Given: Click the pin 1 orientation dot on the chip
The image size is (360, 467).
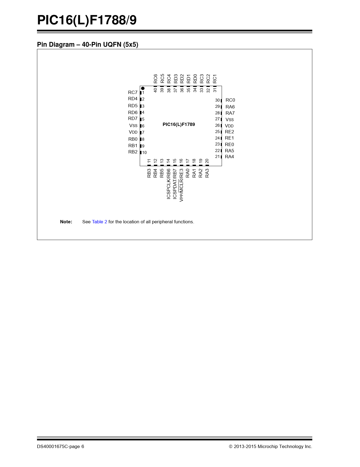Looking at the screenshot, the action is [x=143, y=88].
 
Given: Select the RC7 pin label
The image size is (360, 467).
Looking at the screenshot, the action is [x=133, y=93].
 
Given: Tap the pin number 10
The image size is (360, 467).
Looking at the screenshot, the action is [x=144, y=153].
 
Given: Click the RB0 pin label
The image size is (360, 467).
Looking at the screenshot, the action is [x=133, y=139].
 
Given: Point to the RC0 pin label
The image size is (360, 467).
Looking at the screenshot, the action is [x=230, y=100].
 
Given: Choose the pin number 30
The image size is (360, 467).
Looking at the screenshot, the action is [x=217, y=100].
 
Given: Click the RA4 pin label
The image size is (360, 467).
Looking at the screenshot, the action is [x=230, y=157].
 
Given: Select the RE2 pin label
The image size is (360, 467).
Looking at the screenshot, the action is [x=230, y=132].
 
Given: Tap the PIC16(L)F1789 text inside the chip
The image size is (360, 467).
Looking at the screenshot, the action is [x=179, y=125].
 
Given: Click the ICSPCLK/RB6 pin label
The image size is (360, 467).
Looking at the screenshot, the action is [x=169, y=184].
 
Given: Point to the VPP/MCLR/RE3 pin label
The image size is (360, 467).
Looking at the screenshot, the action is [x=181, y=185].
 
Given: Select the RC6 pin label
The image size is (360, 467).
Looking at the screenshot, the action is [x=156, y=79].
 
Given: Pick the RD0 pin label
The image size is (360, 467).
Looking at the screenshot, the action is [x=195, y=79].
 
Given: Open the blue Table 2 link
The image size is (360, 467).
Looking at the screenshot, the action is [x=99, y=222].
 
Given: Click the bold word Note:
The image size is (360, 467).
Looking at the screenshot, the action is [x=66, y=222].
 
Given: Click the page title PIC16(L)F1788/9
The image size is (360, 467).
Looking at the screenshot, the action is [x=87, y=20].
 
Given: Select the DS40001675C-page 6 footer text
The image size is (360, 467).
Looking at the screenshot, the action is [x=60, y=446].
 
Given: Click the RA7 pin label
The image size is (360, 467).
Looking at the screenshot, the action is [x=230, y=113].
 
